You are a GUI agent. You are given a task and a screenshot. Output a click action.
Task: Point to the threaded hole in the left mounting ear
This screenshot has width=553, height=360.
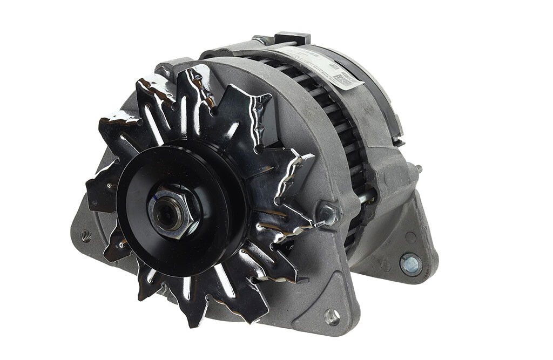pyautogui.click(x=85, y=235)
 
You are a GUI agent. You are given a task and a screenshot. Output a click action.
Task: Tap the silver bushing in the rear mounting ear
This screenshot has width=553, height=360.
pyautogui.click(x=410, y=264)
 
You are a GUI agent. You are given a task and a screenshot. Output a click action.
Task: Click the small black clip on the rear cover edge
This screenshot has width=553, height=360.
pyautogui.click(x=400, y=141)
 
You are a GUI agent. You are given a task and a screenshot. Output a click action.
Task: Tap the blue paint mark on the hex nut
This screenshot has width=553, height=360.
pyautogui.click(x=157, y=203)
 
